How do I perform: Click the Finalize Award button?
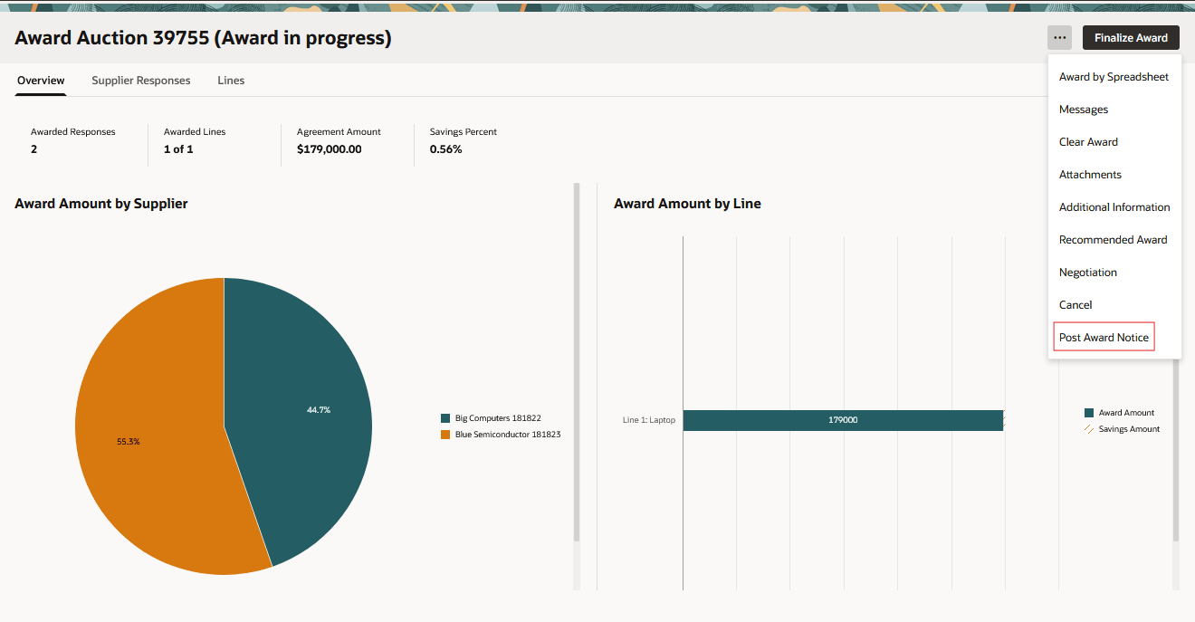tap(1131, 38)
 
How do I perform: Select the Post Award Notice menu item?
tap(1104, 338)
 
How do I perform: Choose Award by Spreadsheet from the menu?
tap(1114, 77)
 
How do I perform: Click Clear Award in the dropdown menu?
tap(1088, 142)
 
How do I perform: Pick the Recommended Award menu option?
tap(1113, 240)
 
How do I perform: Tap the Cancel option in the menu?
tap(1075, 305)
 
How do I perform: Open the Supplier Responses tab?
tap(141, 81)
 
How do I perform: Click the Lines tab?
tap(231, 81)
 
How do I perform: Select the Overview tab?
tap(41, 81)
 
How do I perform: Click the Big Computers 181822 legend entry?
tap(497, 418)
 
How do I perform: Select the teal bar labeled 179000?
tap(843, 420)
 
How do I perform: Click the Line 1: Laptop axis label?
tap(649, 420)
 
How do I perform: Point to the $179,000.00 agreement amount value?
tap(329, 149)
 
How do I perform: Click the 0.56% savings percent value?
tap(445, 149)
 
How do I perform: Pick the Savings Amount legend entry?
tap(1128, 429)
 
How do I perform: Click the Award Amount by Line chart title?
tap(687, 204)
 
